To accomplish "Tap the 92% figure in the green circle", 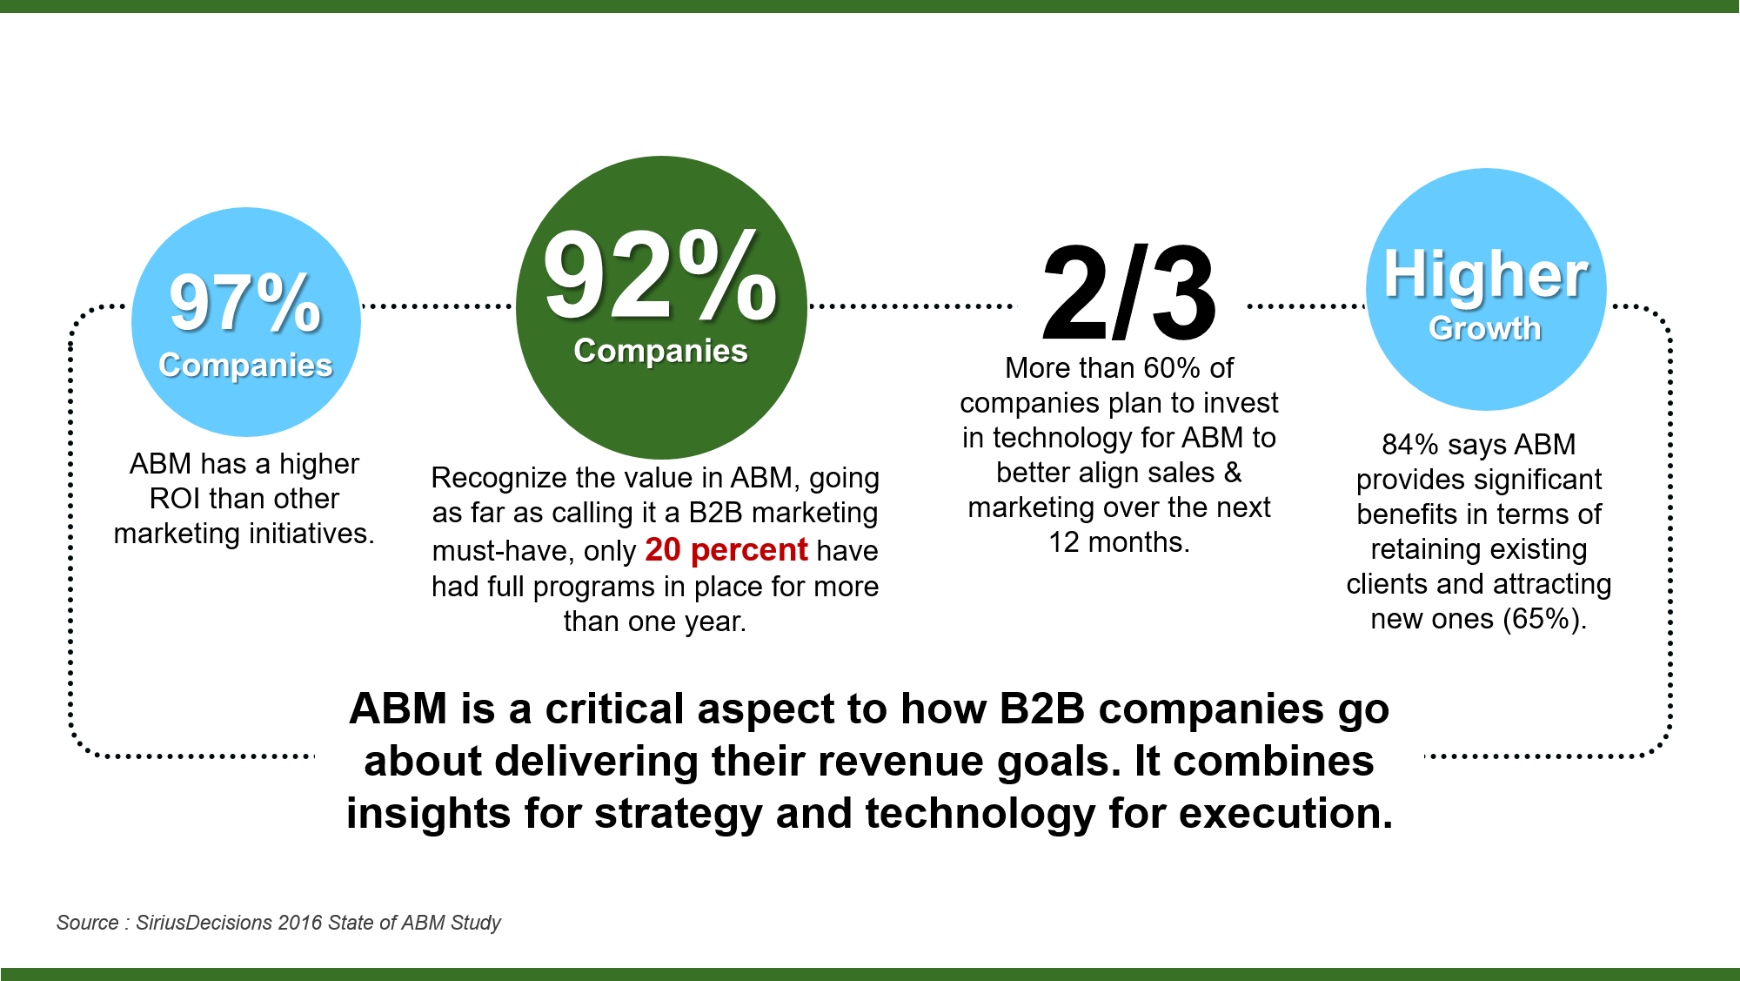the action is tap(661, 276).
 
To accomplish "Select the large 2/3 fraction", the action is tap(1128, 292).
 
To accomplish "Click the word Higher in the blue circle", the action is tap(1486, 274).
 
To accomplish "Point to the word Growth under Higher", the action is tap(1485, 328).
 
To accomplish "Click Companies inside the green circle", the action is tap(660, 351).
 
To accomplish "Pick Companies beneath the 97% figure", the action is tap(245, 366).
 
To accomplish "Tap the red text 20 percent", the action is tap(726, 550).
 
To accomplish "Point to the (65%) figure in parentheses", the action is tap(1544, 619).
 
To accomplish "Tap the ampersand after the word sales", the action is tap(1232, 473).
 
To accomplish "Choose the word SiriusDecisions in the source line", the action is tap(204, 923).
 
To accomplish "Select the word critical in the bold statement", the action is tap(614, 709).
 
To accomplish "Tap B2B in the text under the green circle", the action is tap(715, 513).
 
